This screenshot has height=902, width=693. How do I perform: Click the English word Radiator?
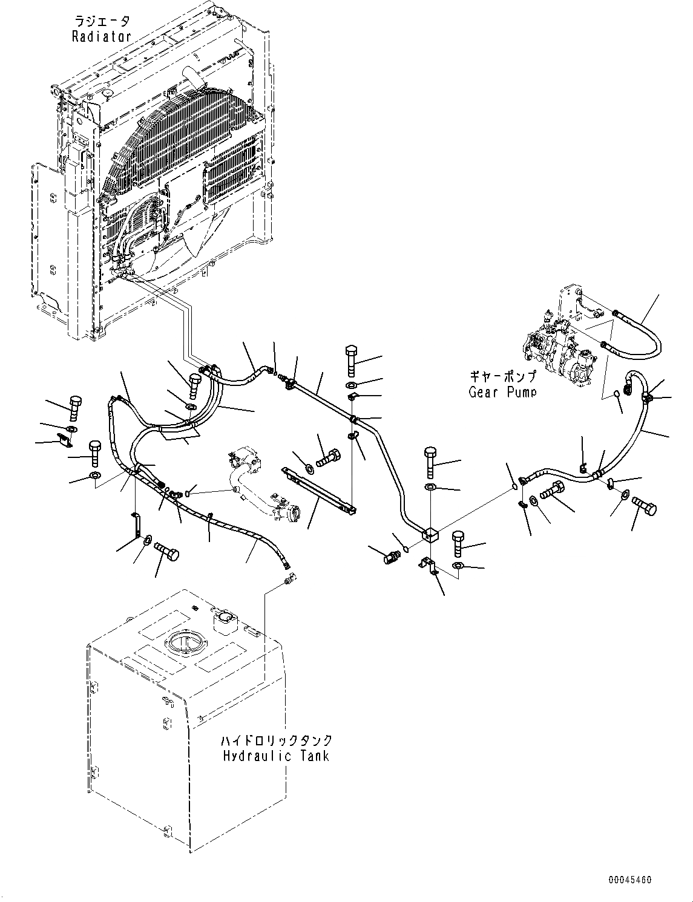pos(101,36)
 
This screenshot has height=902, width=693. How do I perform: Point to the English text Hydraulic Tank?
pos(276,756)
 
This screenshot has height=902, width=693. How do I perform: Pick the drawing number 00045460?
pos(630,880)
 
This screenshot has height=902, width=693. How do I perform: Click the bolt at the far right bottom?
pos(643,506)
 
